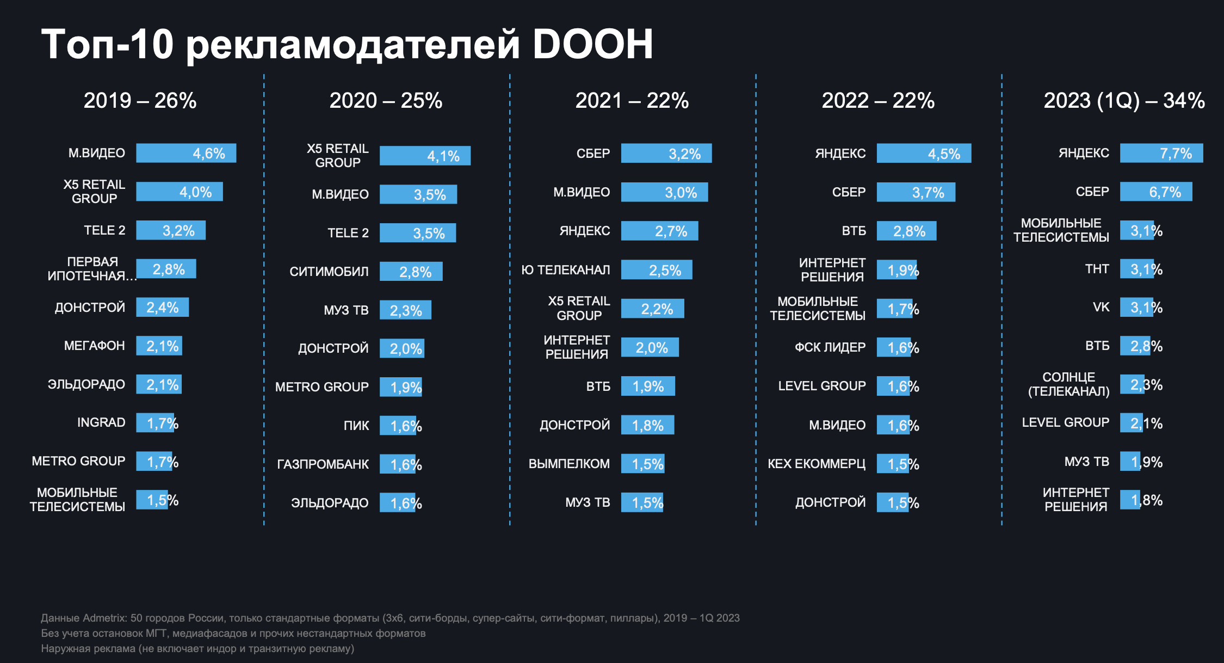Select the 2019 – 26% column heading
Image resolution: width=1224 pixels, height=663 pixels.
coord(140,101)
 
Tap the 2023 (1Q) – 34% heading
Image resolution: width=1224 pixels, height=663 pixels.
coord(1124,101)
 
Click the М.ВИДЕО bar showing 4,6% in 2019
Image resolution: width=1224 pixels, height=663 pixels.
coord(186,153)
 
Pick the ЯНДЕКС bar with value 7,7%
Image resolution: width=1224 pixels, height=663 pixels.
coord(1161,153)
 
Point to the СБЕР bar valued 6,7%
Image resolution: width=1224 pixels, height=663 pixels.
coord(1155,192)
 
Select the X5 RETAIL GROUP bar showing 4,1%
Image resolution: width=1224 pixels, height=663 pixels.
coord(424,156)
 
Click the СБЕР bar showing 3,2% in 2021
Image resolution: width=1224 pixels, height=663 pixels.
coord(666,154)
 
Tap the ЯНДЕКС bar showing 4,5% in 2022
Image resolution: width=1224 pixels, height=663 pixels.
coord(923,154)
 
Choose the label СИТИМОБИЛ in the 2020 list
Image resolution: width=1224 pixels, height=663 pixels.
coord(329,271)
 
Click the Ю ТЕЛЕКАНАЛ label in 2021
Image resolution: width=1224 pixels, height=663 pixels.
coord(565,270)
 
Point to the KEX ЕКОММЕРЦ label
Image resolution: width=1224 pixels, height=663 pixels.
coord(816,464)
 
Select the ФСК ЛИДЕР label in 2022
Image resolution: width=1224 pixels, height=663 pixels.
coord(830,347)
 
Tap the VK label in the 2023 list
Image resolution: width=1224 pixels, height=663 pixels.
coord(1101,307)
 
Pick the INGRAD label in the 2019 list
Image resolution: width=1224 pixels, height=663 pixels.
coord(101,422)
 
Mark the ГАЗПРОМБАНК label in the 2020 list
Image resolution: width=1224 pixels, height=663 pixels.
coord(323,464)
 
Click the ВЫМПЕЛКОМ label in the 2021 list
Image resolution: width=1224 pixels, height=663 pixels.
coord(569,464)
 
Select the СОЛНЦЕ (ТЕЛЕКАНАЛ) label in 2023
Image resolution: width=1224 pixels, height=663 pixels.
coord(1068,384)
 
